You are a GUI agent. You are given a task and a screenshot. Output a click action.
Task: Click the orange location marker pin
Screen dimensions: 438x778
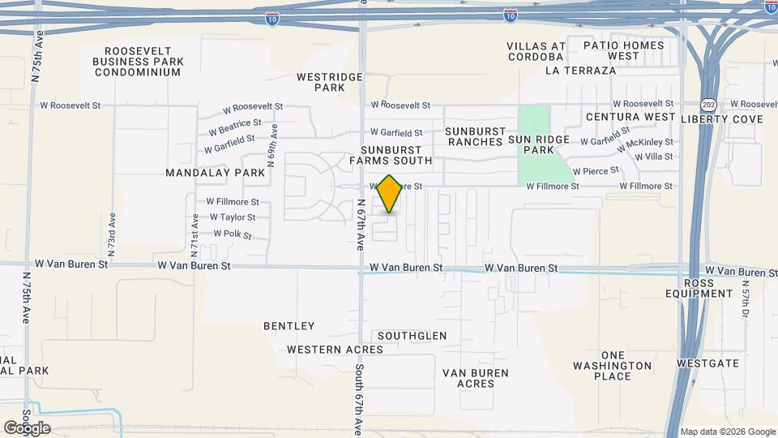390,194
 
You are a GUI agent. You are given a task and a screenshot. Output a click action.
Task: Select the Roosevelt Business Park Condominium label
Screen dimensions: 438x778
138,61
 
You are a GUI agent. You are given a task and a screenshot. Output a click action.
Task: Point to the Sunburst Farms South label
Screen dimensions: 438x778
391,155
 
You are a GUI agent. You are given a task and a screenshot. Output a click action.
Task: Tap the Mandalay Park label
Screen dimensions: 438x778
215,173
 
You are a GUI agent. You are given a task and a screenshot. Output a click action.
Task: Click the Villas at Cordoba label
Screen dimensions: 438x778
536,51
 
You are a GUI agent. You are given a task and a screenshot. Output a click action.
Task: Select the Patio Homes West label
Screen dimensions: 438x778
623,51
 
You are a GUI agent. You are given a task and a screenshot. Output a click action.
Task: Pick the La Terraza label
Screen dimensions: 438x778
581,71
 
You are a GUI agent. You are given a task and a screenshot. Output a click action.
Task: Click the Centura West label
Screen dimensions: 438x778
631,117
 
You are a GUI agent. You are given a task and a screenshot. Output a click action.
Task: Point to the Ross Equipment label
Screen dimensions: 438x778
707,288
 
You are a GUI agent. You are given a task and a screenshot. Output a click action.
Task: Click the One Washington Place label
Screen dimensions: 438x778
613,366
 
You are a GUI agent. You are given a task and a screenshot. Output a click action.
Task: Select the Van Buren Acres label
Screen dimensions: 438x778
475,378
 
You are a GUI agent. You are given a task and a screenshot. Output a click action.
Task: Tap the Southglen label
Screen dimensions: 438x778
412,335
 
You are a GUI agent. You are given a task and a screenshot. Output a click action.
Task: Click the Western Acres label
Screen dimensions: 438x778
335,350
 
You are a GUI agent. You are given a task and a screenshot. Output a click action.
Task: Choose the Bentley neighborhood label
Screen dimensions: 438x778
289,326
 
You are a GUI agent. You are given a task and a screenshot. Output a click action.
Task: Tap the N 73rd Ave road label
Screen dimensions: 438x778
112,230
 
